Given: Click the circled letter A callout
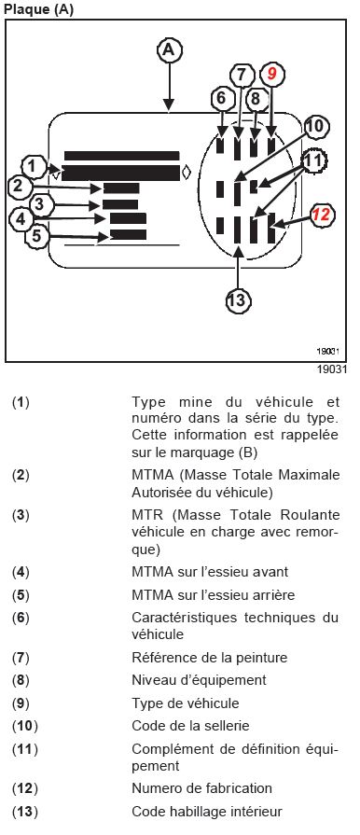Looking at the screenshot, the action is click(x=169, y=50).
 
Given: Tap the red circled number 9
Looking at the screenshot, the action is click(x=271, y=75).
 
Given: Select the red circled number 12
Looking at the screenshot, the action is click(x=321, y=215).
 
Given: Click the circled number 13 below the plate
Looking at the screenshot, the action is click(x=238, y=300).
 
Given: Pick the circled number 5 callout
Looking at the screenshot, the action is click(x=36, y=235).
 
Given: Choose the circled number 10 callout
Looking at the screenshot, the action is click(x=315, y=127).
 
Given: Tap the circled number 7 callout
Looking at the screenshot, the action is click(x=242, y=75).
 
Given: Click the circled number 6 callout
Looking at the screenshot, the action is click(x=222, y=99).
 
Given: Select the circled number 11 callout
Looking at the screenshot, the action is click(x=314, y=160).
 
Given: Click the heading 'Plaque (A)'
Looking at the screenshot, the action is click(x=39, y=9).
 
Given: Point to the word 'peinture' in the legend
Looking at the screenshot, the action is click(x=262, y=658).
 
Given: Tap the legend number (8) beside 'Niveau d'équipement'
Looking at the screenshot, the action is click(x=21, y=680).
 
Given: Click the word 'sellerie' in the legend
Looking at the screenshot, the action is click(x=228, y=726).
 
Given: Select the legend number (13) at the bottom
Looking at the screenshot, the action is click(x=25, y=812).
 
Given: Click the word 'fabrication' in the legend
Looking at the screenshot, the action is click(x=238, y=788).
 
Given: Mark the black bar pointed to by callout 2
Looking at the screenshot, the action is click(x=121, y=188).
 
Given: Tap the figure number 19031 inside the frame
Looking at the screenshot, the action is click(x=328, y=352).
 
